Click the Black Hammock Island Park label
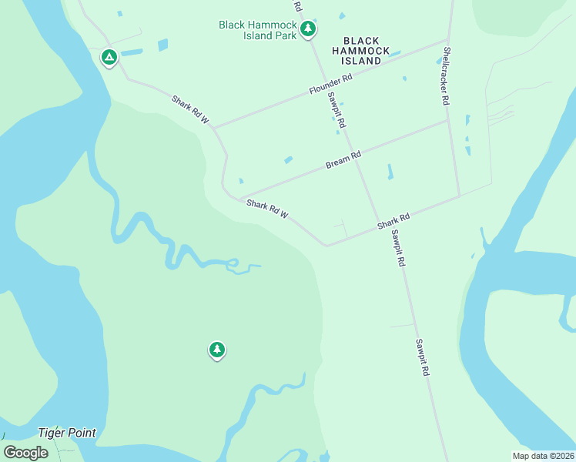(x=258, y=30)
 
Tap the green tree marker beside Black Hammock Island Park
(x=308, y=29)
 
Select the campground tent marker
(x=109, y=57)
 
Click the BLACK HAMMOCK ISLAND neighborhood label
(x=361, y=50)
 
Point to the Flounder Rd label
(x=330, y=84)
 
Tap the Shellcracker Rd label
(x=445, y=78)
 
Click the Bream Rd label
(x=343, y=159)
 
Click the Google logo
(x=26, y=453)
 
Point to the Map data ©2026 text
(x=543, y=456)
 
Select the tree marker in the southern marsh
(x=217, y=350)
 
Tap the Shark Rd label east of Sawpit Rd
(x=393, y=222)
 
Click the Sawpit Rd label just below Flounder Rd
(x=336, y=109)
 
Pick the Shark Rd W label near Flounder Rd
(x=191, y=109)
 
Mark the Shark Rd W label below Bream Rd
(x=267, y=209)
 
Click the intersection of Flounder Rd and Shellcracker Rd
(x=448, y=40)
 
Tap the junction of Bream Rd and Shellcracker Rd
(x=449, y=119)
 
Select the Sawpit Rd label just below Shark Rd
(x=397, y=248)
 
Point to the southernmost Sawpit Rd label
(x=422, y=357)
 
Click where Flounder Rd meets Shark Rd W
(x=213, y=127)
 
